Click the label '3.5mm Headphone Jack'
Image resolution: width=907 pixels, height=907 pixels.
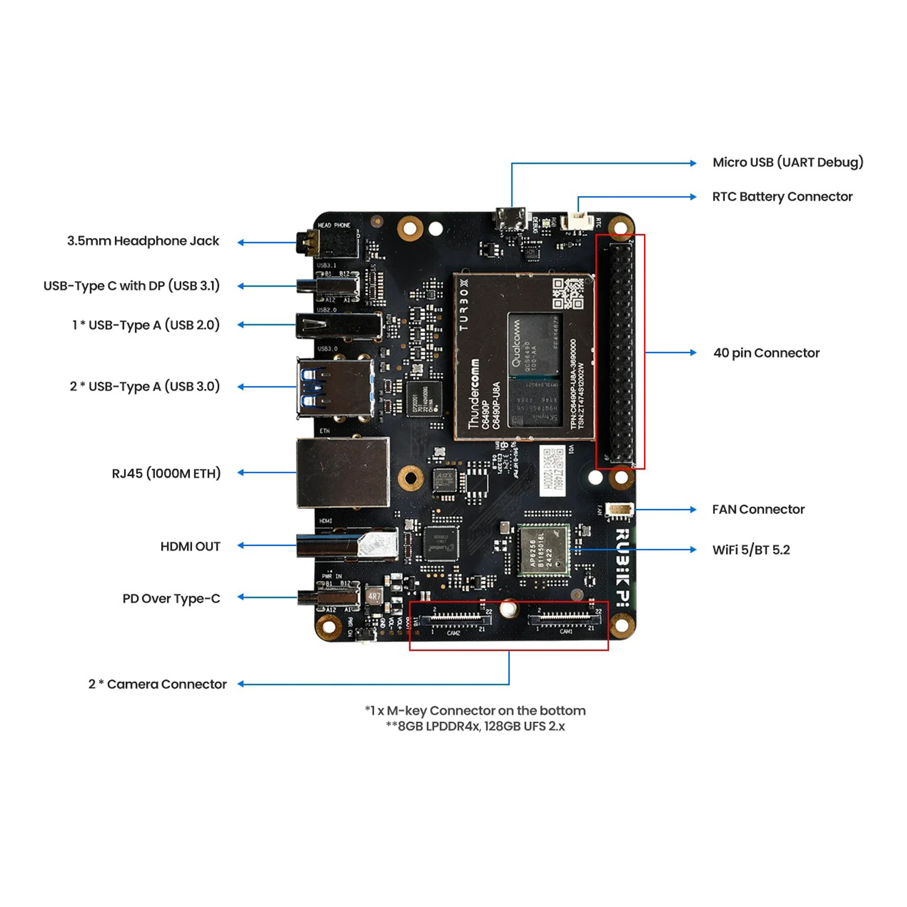(143, 241)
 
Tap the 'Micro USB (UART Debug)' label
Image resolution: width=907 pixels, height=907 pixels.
(787, 163)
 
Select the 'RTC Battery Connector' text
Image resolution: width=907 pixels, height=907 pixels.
(782, 197)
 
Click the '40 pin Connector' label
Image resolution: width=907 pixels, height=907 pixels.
(766, 353)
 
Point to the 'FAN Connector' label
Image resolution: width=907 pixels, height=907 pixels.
(758, 509)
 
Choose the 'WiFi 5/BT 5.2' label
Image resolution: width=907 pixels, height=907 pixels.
(751, 549)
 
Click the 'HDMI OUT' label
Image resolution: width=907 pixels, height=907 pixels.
(190, 546)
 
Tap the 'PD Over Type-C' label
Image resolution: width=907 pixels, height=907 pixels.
(171, 598)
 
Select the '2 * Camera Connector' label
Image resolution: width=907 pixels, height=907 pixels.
(157, 684)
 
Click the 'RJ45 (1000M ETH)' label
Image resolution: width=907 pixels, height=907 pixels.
(166, 473)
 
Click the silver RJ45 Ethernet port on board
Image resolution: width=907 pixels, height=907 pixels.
(343, 472)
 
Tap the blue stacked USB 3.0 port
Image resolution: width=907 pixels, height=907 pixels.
(334, 388)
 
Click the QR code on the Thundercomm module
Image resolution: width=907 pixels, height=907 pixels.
(567, 294)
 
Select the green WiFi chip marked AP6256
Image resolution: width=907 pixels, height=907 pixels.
(544, 550)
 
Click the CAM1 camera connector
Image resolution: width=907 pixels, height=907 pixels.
(564, 618)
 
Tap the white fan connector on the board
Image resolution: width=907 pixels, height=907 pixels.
(619, 510)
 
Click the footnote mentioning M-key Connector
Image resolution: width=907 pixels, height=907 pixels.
(475, 710)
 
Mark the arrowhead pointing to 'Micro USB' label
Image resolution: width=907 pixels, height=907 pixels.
(693, 163)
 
